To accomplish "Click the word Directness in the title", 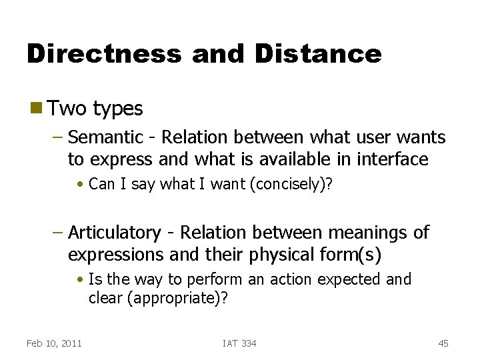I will coord(103,53).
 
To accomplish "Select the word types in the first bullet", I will coord(118,109).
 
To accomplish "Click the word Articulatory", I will coord(114,233).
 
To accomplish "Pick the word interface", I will coord(393,159).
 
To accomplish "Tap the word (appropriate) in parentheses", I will coord(177,298).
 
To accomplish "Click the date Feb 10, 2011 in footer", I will coord(54,343).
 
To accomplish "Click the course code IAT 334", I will coord(239,343).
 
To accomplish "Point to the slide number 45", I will coord(443,343).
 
